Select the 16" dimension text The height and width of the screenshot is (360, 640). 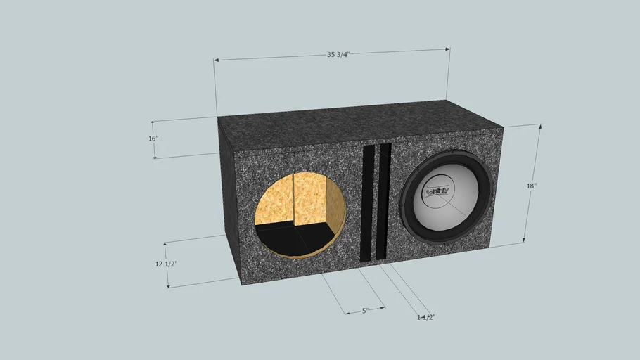click(x=153, y=139)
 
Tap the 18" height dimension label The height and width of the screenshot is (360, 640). click(x=532, y=186)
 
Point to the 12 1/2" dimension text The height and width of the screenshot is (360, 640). click(x=166, y=264)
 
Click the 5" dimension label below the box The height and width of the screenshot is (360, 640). click(x=365, y=310)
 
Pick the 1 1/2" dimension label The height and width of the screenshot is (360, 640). click(x=425, y=317)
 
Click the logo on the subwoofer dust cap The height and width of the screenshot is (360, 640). click(x=439, y=191)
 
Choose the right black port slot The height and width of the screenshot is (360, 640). click(x=384, y=202)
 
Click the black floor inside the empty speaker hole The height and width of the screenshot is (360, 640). click(x=281, y=239)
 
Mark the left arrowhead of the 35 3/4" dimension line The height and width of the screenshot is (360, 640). click(x=216, y=60)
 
